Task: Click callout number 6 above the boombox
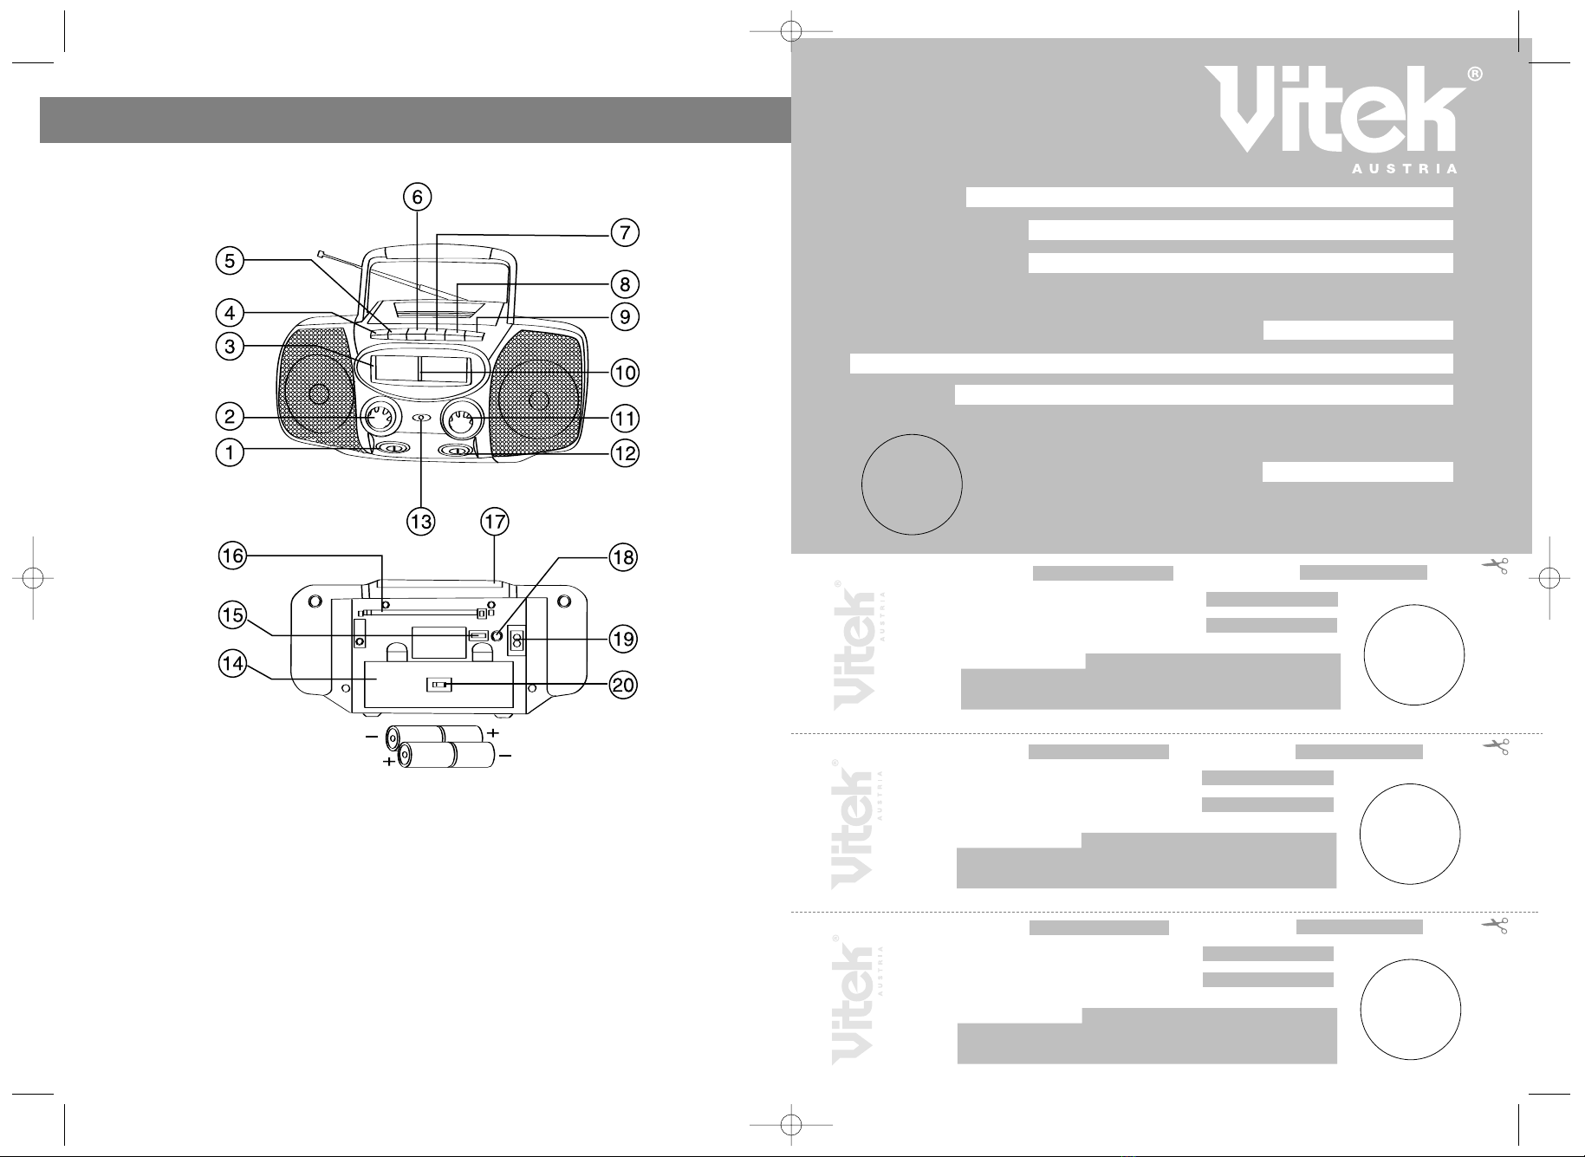point(418,198)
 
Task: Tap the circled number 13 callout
point(421,522)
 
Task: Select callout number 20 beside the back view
point(624,686)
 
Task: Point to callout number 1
point(230,452)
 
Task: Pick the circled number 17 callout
point(495,522)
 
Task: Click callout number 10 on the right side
point(625,373)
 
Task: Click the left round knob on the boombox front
point(379,419)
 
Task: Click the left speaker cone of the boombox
point(317,394)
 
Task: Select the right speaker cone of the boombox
point(539,399)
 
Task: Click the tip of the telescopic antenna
point(321,254)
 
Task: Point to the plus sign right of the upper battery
point(493,733)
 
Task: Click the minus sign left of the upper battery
point(372,737)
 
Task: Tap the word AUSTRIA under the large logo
point(1405,169)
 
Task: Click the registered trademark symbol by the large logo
point(1475,75)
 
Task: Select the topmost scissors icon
point(1496,566)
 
